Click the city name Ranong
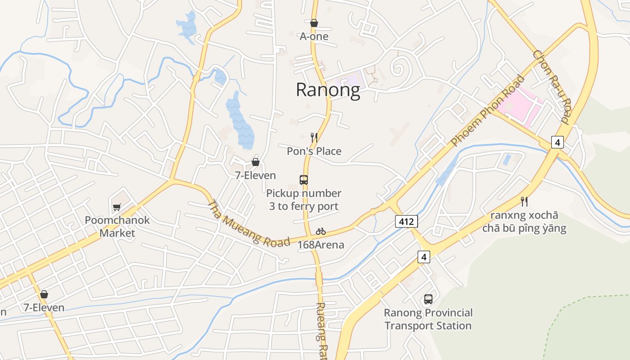pyautogui.click(x=328, y=90)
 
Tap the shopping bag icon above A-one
pyautogui.click(x=314, y=23)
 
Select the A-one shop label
pyautogui.click(x=314, y=36)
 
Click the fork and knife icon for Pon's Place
pyautogui.click(x=314, y=137)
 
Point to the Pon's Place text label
pyautogui.click(x=314, y=151)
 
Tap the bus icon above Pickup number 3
pyautogui.click(x=304, y=180)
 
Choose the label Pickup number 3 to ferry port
pyautogui.click(x=304, y=200)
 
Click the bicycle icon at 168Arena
pyautogui.click(x=321, y=232)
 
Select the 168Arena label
pyautogui.click(x=321, y=245)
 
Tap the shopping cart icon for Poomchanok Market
pyautogui.click(x=117, y=207)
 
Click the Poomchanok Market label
pyautogui.click(x=117, y=227)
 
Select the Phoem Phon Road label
pyautogui.click(x=488, y=111)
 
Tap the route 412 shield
pyautogui.click(x=407, y=221)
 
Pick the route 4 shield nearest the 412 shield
pyautogui.click(x=423, y=257)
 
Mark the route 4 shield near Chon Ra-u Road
pyautogui.click(x=558, y=142)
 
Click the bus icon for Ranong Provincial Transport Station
pyautogui.click(x=428, y=299)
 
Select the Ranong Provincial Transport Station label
pyautogui.click(x=428, y=319)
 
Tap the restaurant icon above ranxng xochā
pyautogui.click(x=524, y=201)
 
